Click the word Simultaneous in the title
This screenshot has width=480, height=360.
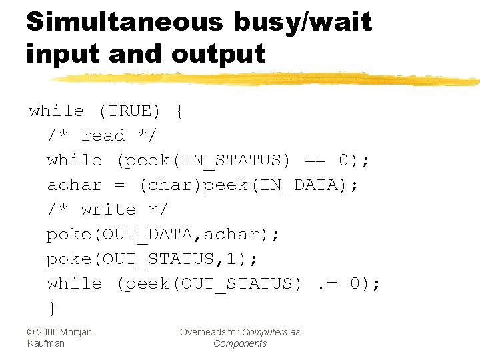click(x=124, y=21)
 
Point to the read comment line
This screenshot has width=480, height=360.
click(x=102, y=136)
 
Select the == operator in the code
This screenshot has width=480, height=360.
click(x=315, y=161)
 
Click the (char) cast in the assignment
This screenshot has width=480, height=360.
click(x=169, y=185)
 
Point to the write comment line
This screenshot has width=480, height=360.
click(x=107, y=209)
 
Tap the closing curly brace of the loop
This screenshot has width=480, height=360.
click(x=51, y=308)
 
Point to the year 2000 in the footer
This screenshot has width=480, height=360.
click(x=49, y=332)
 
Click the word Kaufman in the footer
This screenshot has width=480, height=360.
click(x=46, y=343)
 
